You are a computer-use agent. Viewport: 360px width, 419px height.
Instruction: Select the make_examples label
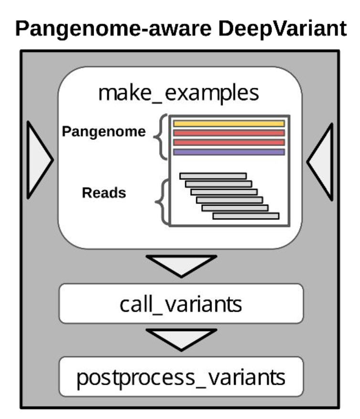pos(179,93)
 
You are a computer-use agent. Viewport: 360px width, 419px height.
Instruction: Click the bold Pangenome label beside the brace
pos(104,132)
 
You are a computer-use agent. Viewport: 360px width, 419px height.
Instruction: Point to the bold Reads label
pos(104,193)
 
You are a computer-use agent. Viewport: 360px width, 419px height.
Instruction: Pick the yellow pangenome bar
pos(229,124)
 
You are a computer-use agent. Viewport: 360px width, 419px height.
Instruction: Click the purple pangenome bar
pos(229,152)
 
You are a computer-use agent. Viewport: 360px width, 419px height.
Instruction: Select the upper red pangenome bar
pos(229,133)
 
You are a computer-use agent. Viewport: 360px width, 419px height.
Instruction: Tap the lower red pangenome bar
pos(229,142)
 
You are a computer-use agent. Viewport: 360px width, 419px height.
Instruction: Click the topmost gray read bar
pos(213,176)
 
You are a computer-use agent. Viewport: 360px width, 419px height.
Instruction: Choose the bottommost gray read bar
pos(245,216)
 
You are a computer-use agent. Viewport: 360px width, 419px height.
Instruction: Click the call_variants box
pos(181,304)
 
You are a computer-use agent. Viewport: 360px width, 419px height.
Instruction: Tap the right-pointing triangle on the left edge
pos(38,160)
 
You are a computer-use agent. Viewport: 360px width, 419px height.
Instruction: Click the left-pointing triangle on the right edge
pos(321,161)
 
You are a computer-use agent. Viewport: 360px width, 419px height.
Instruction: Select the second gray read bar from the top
pos(219,184)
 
